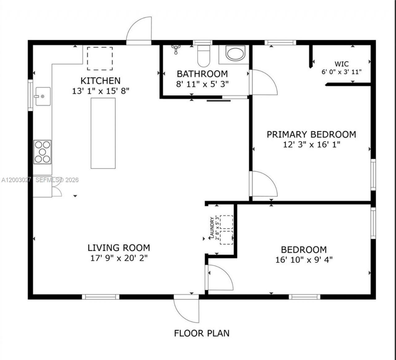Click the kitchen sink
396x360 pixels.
point(43,96)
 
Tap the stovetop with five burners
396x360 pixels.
point(42,152)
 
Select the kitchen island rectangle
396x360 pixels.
point(103,133)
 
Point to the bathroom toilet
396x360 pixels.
point(204,56)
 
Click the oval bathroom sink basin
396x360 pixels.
point(235,53)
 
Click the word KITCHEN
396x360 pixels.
point(101,81)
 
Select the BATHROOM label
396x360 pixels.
point(202,74)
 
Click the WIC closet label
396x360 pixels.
point(342,64)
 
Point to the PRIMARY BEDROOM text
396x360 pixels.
point(312,135)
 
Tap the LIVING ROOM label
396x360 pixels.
point(119,248)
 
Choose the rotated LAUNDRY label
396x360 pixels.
point(212,228)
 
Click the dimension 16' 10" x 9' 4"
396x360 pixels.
point(304,260)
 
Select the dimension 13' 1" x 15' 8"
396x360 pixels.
point(101,91)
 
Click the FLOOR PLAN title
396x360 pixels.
point(202,333)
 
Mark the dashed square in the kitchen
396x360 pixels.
point(100,58)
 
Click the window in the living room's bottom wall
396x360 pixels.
point(101,297)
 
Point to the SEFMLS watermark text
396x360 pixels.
point(57,180)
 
